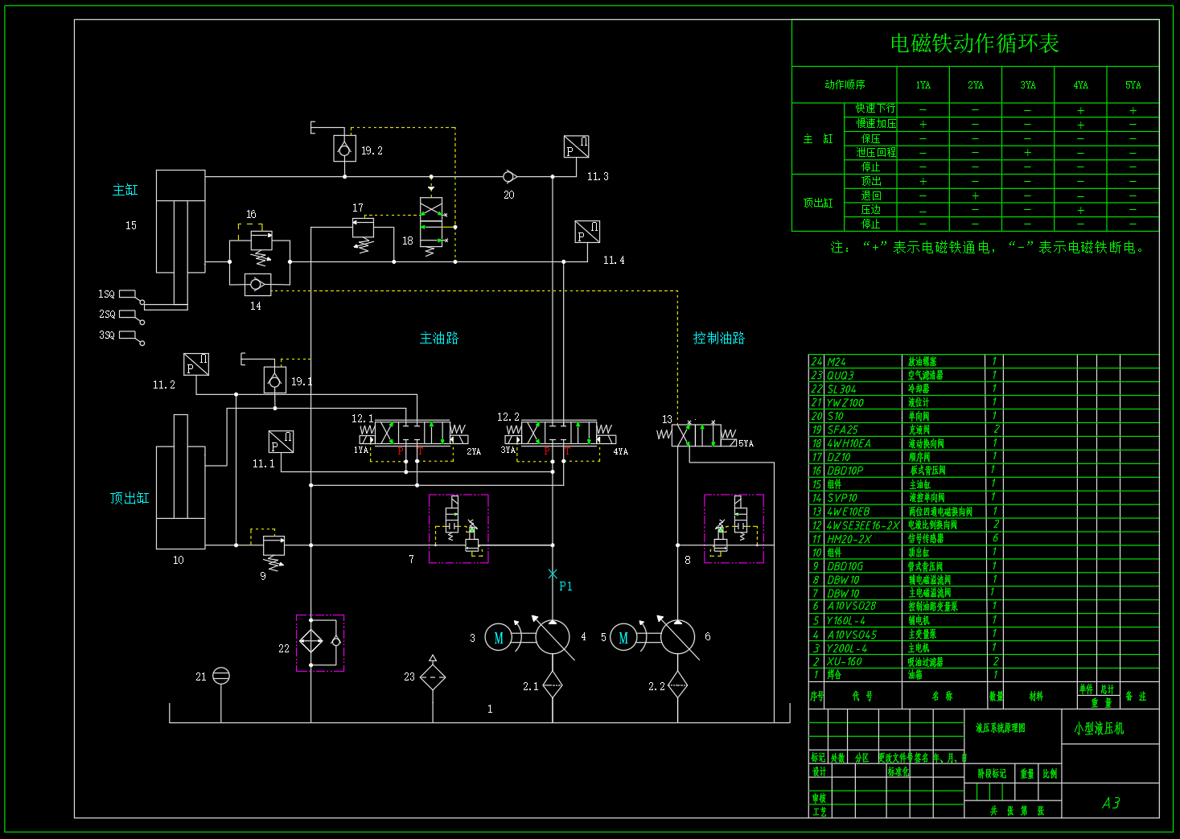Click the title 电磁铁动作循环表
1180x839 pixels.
[x=974, y=43]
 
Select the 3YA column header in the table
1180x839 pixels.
[x=1028, y=85]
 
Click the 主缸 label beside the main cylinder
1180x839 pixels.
[x=125, y=190]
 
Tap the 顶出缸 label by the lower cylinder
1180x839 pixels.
[x=130, y=498]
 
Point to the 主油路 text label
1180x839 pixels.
[x=438, y=338]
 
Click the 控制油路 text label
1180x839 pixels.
[x=718, y=338]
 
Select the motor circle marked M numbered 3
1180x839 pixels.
[x=499, y=638]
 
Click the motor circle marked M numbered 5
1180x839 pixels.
[x=624, y=638]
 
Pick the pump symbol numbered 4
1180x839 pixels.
[x=553, y=637]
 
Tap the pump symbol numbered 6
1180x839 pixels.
[x=677, y=637]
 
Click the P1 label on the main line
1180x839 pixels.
[x=565, y=586]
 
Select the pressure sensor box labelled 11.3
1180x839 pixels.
[x=577, y=147]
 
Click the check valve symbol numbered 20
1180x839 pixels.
[x=508, y=176]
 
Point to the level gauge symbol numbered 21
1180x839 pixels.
[x=221, y=676]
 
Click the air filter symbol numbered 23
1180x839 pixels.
[x=433, y=677]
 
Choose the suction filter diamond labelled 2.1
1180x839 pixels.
[x=553, y=686]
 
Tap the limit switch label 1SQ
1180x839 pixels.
[x=106, y=294]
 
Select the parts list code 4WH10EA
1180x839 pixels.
[x=849, y=443]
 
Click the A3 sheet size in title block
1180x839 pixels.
[x=1111, y=803]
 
